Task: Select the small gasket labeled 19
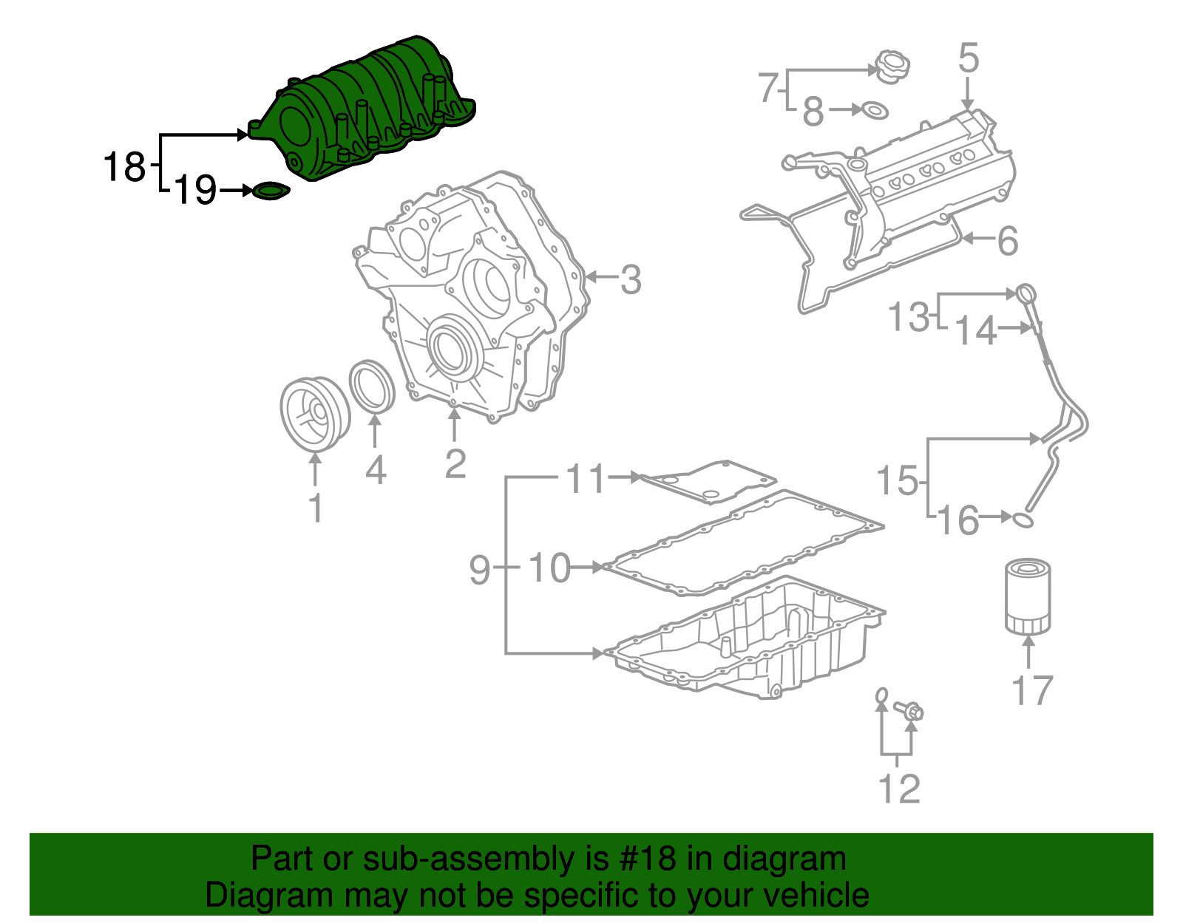pyautogui.click(x=271, y=191)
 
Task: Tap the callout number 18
pyautogui.click(x=124, y=167)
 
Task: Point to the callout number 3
pyautogui.click(x=630, y=280)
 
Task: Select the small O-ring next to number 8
pyautogui.click(x=874, y=111)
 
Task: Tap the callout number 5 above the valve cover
pyautogui.click(x=969, y=58)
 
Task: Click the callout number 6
pyautogui.click(x=1008, y=242)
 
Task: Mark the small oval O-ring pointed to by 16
pyautogui.click(x=1023, y=520)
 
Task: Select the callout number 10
pyautogui.click(x=550, y=568)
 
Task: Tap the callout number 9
pyautogui.click(x=480, y=570)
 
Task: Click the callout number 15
pyautogui.click(x=897, y=481)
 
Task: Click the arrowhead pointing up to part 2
pyautogui.click(x=455, y=415)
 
